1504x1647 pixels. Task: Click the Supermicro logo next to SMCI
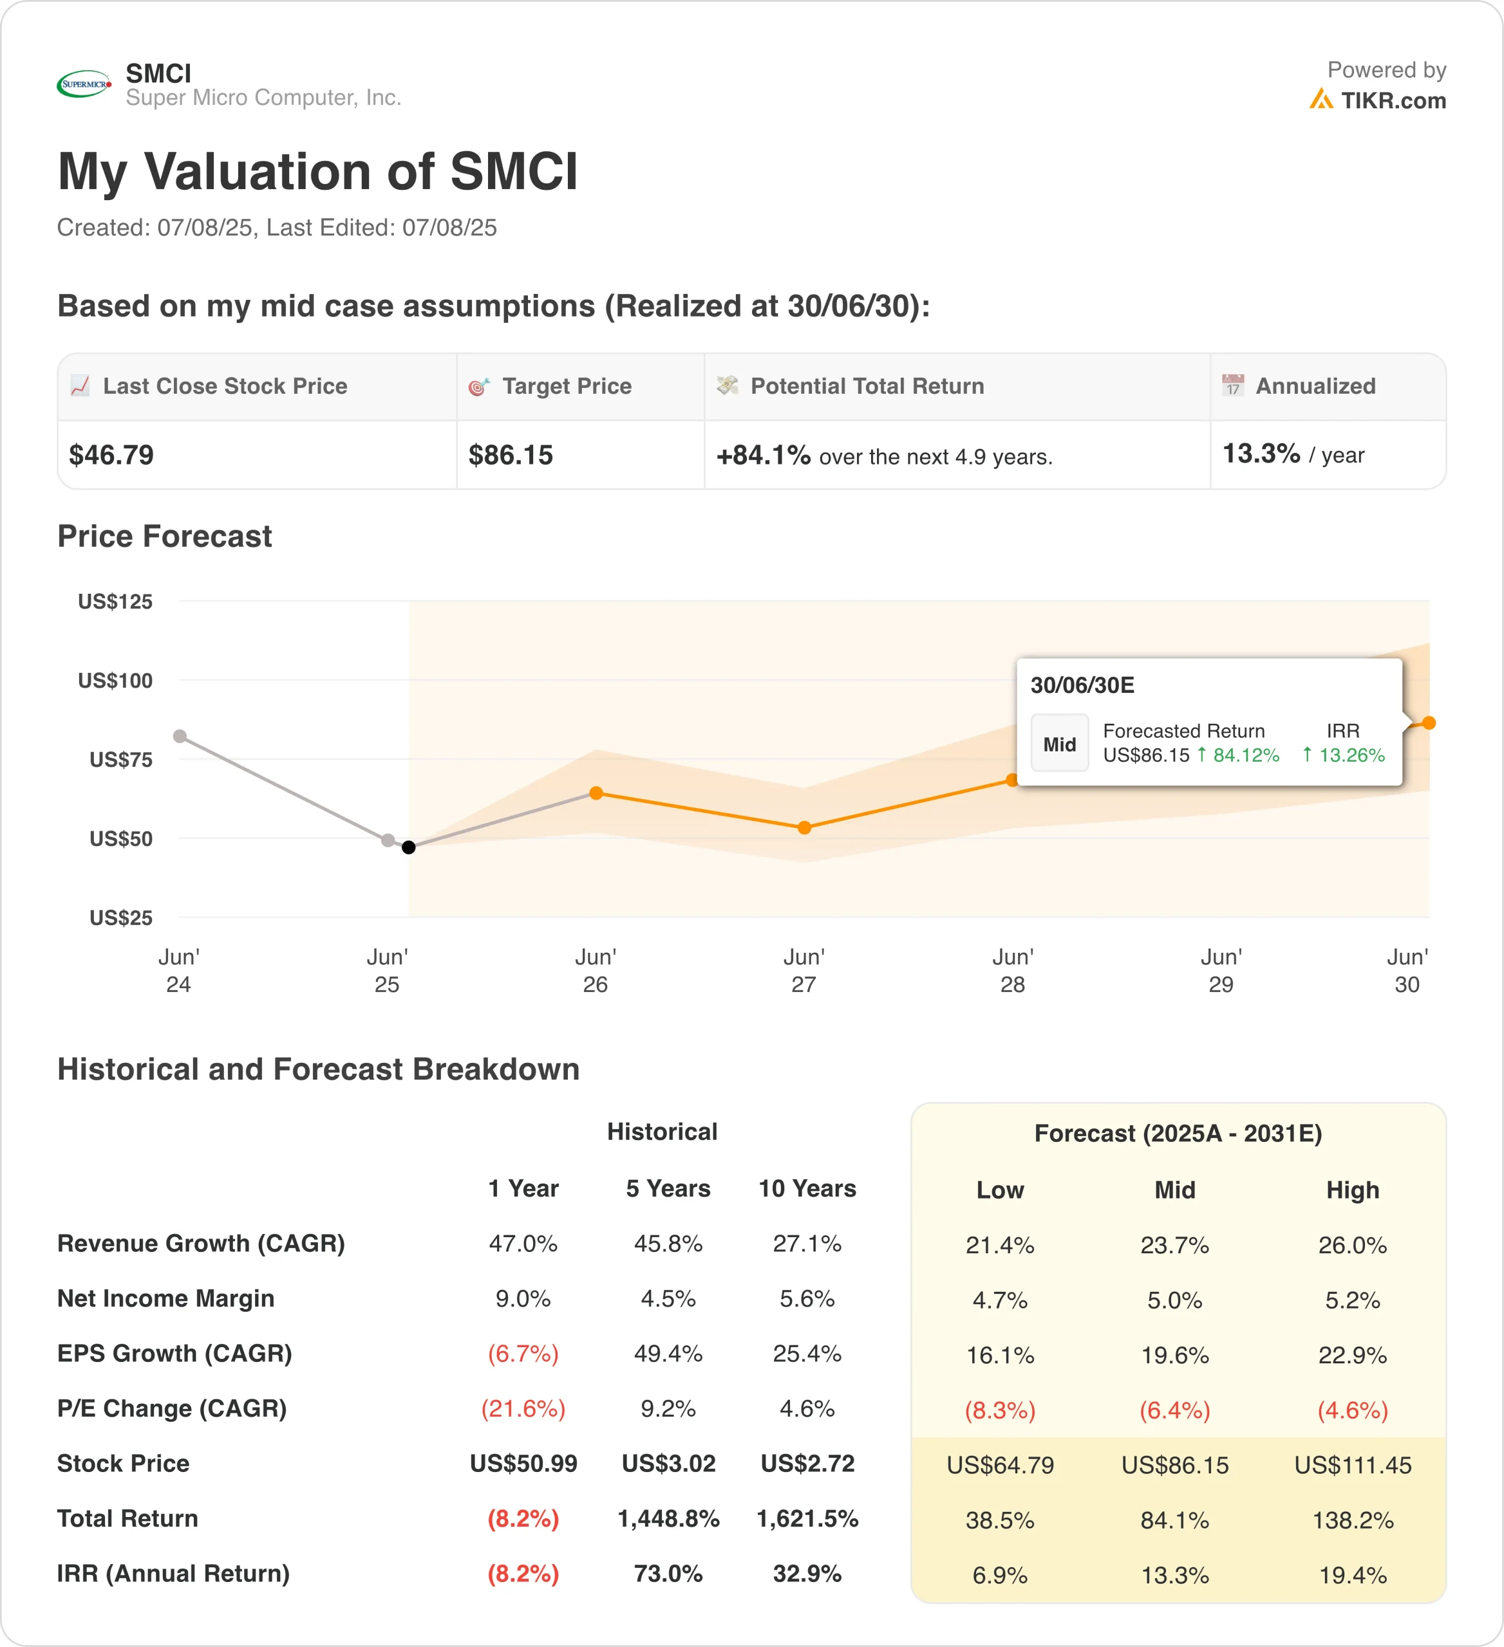point(84,84)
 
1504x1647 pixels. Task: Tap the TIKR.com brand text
point(1393,100)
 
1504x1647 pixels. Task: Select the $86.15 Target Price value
point(511,455)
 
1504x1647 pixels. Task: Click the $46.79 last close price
point(111,455)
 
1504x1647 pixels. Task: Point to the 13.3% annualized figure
point(1261,454)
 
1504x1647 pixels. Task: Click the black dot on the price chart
point(409,847)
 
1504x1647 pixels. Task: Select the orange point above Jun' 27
point(804,827)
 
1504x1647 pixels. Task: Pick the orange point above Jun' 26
point(596,793)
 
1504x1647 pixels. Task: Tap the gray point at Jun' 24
point(180,736)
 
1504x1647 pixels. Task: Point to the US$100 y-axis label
point(115,681)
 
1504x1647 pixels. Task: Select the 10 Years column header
point(807,1189)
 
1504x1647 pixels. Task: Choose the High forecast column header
point(1352,1190)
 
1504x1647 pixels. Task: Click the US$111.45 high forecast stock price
point(1352,1465)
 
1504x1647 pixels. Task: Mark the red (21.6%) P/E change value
point(523,1408)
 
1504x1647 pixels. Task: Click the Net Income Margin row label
point(166,1298)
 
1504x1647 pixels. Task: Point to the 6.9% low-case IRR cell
point(1000,1575)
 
